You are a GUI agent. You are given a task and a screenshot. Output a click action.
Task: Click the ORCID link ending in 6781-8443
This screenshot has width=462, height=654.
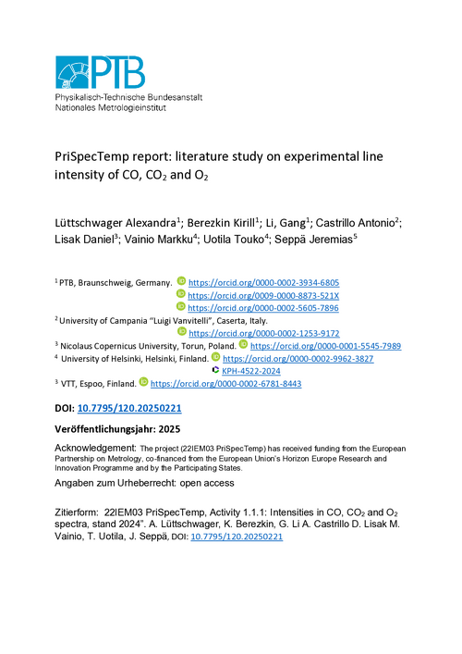pyautogui.click(x=225, y=383)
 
